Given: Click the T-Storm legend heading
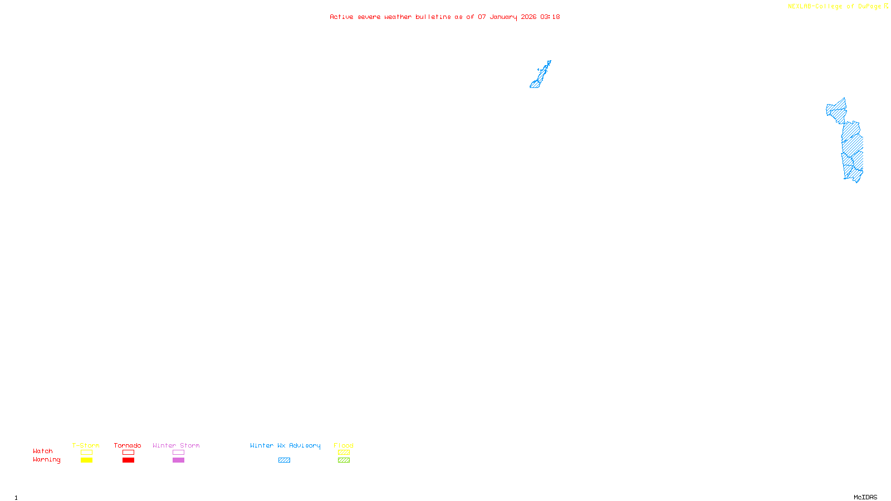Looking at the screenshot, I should tap(86, 445).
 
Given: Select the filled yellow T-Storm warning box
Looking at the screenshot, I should tap(86, 460).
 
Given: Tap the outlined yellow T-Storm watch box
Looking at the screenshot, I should tap(86, 453).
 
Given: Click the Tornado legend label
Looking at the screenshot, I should tap(128, 445).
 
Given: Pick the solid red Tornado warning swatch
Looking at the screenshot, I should tap(128, 460).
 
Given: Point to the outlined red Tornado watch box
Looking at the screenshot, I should tap(128, 453).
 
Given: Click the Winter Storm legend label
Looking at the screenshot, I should tap(176, 445).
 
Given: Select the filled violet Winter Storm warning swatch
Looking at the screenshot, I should tap(178, 460).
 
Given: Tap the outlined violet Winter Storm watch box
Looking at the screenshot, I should tap(178, 453).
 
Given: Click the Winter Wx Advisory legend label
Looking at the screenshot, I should tap(285, 445).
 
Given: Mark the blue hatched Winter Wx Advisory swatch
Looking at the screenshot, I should tap(284, 460).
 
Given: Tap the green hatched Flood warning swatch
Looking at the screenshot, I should tap(344, 460).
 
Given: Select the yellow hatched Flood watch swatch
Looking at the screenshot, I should tap(344, 453).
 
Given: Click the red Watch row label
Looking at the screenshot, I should tap(43, 451).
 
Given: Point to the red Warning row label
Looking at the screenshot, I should tap(47, 460).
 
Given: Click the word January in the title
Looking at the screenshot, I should tap(503, 17).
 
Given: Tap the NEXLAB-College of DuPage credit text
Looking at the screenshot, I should tap(835, 6).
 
